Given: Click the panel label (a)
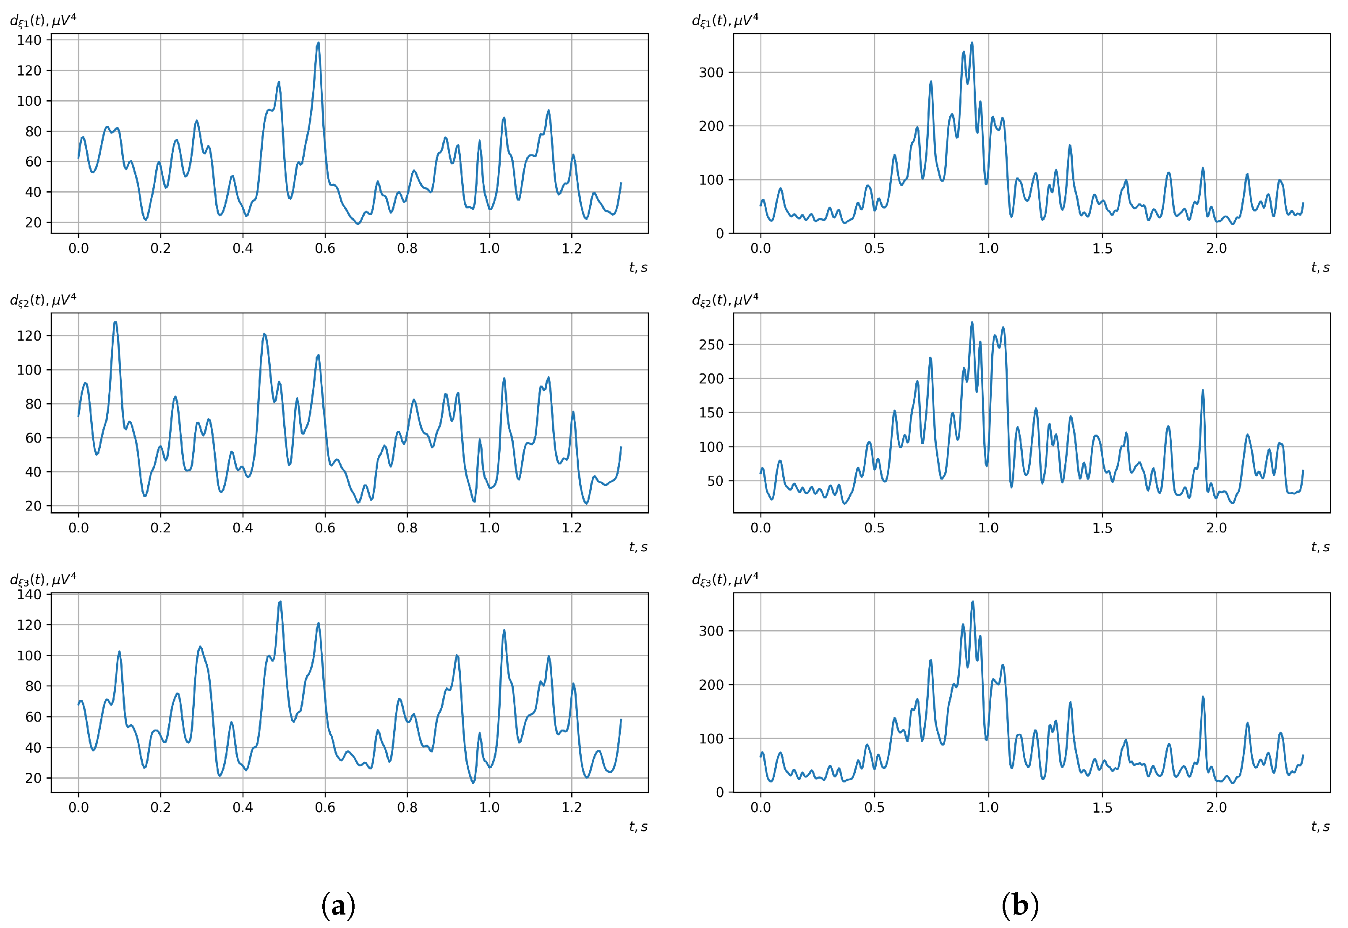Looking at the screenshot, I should click(338, 905).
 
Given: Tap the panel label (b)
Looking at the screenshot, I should click(1019, 905).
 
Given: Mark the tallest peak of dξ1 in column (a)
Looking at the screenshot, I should click(318, 43).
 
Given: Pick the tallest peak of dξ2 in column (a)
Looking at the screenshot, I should click(115, 322).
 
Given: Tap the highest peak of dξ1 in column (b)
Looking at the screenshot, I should click(972, 43).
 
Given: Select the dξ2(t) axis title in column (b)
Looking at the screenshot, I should click(725, 300).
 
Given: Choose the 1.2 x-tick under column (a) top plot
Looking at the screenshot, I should click(571, 248).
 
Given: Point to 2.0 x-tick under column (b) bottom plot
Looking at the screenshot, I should click(1216, 807).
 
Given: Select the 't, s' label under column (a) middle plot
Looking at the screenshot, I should click(638, 547).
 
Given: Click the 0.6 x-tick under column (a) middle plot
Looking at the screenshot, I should click(325, 527).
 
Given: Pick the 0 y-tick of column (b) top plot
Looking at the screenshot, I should click(719, 233).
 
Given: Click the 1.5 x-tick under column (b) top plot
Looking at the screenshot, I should click(1102, 248).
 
